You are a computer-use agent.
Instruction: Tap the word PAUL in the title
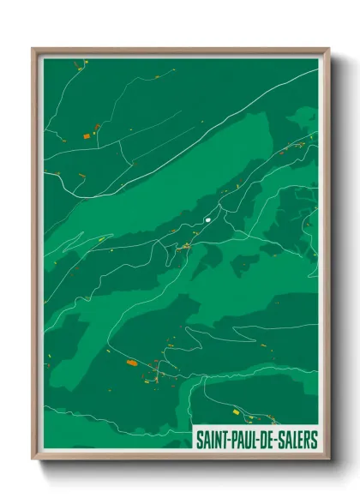[243, 441]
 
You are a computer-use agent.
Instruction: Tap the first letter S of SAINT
[199, 441]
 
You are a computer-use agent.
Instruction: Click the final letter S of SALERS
[314, 441]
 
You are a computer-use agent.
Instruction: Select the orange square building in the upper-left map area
[87, 135]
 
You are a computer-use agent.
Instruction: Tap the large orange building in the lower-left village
[131, 363]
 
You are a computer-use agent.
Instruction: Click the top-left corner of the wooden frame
[33, 49]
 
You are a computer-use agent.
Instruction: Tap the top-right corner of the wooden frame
[328, 49]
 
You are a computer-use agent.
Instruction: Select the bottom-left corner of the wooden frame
[33, 460]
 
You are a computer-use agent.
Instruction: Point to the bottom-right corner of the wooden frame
[328, 460]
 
